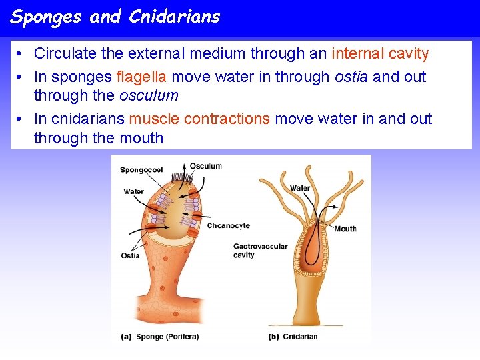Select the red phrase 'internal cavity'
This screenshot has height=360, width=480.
tap(380, 53)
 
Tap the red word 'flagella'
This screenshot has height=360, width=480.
tap(141, 77)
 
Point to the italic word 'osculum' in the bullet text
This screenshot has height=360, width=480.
tap(149, 95)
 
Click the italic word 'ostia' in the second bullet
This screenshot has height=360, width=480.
tap(351, 77)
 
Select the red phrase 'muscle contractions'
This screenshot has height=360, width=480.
tap(199, 119)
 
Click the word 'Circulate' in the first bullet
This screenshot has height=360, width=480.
tap(66, 53)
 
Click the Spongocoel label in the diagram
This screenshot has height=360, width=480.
tap(141, 170)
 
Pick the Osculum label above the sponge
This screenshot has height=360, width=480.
tap(205, 166)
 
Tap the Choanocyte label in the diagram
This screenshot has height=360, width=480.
tap(228, 226)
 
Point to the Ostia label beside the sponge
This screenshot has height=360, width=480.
tap(130, 256)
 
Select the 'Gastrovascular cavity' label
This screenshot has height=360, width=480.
tap(260, 251)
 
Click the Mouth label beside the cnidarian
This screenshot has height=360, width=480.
tap(345, 229)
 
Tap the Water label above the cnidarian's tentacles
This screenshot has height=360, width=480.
tap(299, 188)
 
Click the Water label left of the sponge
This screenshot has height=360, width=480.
tap(133, 192)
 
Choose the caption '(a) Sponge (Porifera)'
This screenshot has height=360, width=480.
tap(160, 337)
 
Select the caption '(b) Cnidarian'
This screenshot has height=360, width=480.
tap(293, 337)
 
